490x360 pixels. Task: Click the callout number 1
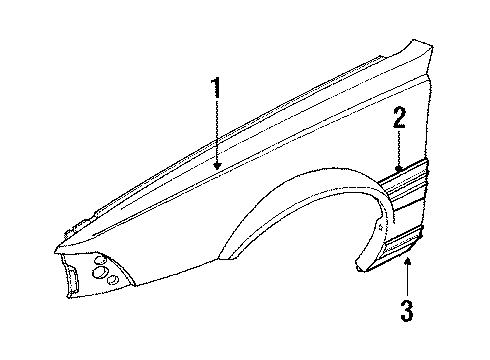click(x=214, y=89)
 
